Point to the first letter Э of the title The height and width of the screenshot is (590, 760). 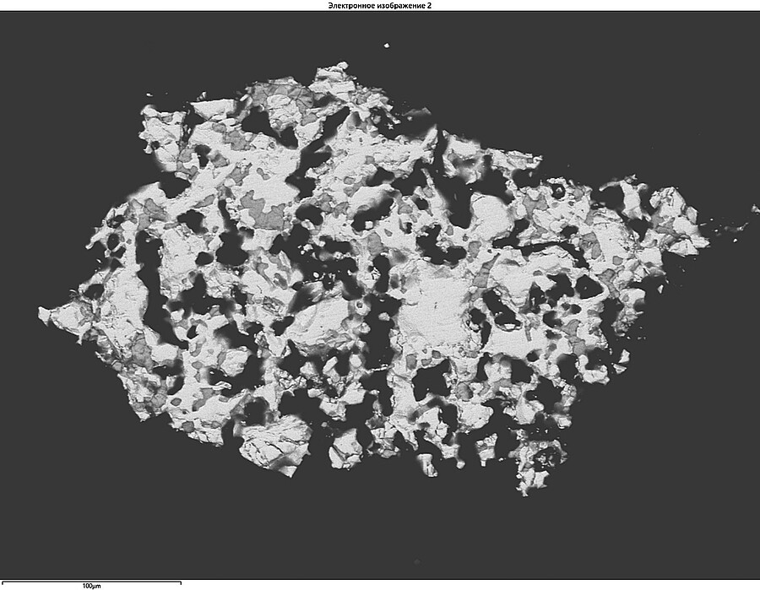tap(330, 5)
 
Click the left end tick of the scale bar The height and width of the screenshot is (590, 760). tap(2, 582)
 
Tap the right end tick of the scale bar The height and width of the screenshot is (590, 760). tap(180, 582)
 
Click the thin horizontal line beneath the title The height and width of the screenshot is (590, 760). tap(380, 11)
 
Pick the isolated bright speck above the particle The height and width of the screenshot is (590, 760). tap(386, 46)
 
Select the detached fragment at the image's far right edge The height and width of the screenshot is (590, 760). tap(755, 208)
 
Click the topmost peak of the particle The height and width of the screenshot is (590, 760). tap(339, 66)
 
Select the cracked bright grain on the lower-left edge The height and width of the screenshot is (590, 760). tap(274, 443)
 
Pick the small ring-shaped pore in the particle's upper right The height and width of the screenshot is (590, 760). tap(558, 192)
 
